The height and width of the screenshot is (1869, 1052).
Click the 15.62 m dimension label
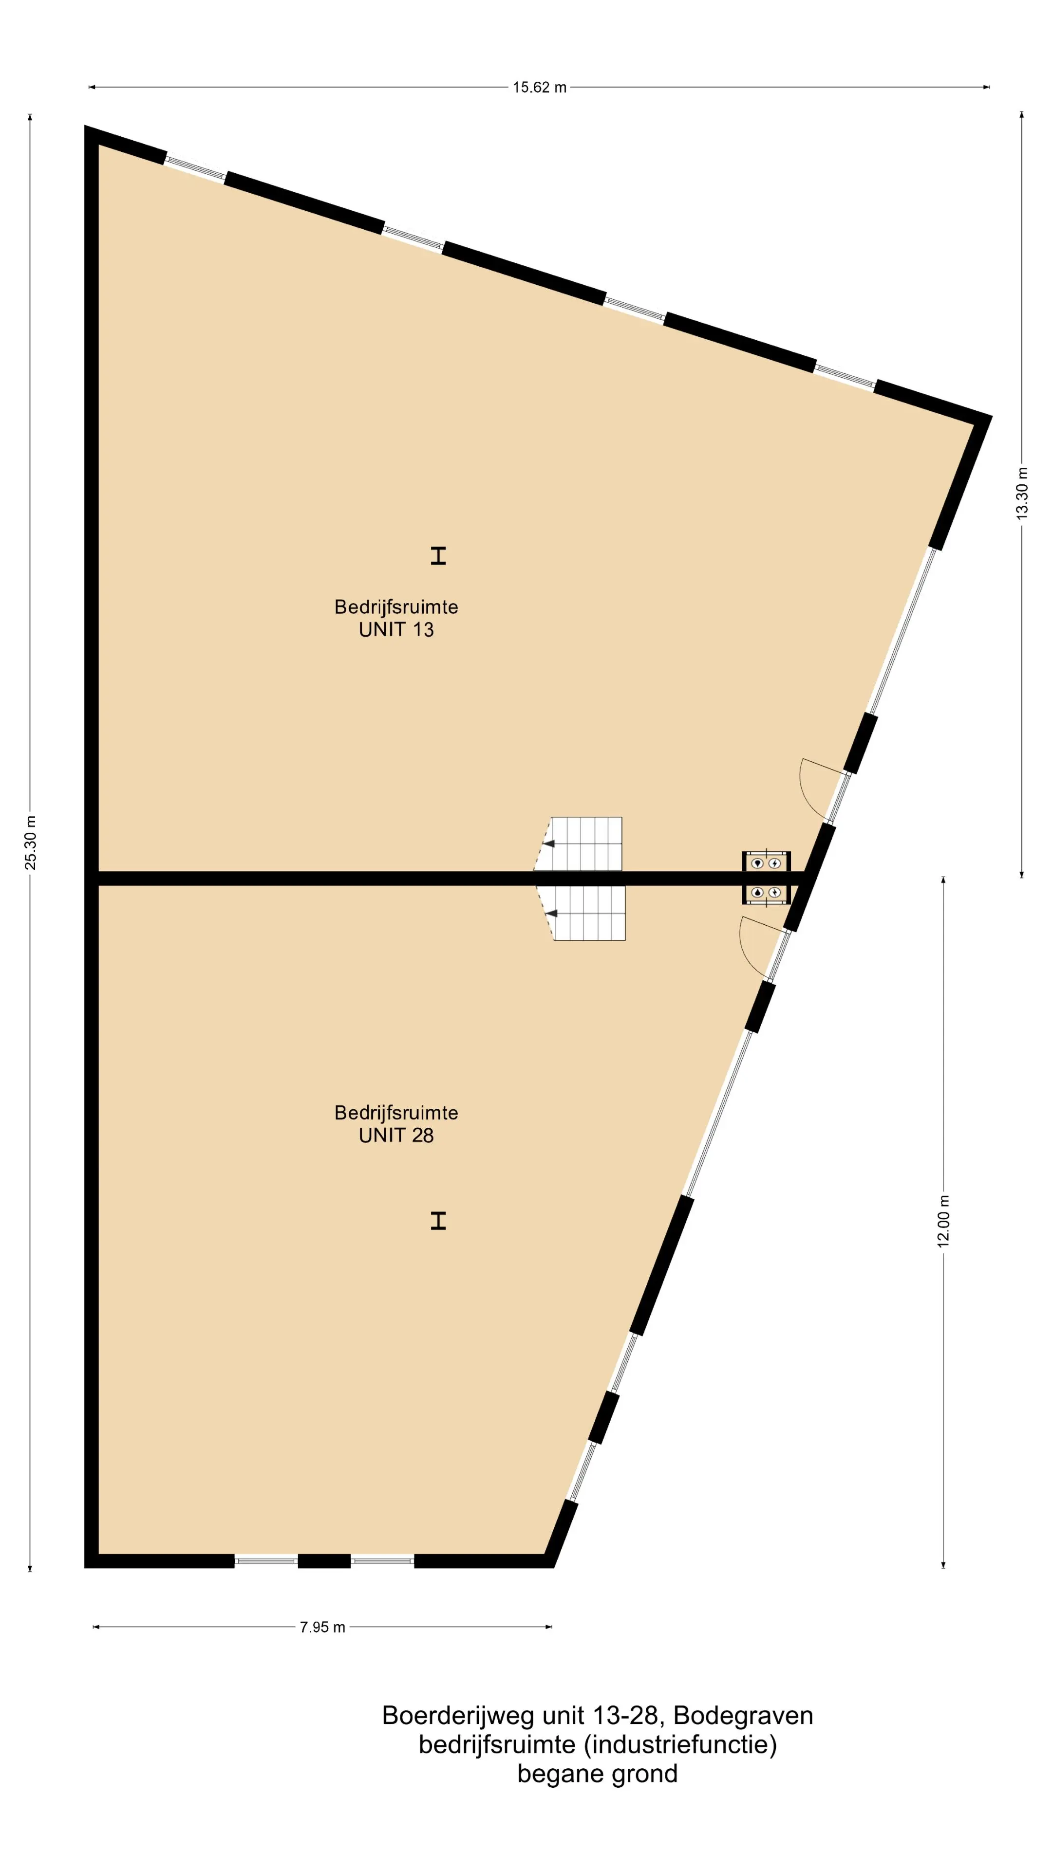540,88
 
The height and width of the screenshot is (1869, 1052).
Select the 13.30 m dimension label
1021,492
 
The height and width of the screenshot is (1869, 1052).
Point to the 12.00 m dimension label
943,1221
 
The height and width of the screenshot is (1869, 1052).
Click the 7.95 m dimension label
322,1628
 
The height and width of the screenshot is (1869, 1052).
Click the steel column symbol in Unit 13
438,556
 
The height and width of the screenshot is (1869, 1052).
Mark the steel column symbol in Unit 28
438,1221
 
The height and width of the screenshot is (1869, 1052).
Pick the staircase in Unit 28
582,913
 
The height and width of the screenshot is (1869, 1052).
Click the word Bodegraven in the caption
743,1716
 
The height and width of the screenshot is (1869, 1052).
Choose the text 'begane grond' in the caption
598,1774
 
